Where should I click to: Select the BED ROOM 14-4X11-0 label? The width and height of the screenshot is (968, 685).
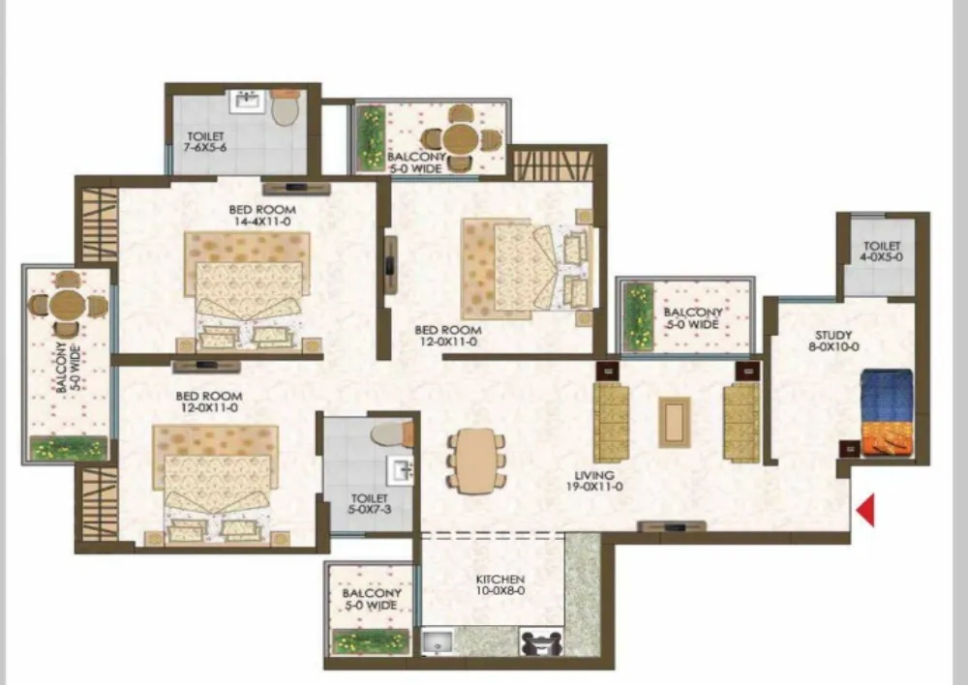click(x=261, y=216)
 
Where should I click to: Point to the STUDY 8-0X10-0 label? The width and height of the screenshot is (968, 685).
click(x=833, y=341)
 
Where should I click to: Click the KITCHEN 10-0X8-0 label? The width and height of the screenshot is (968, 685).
click(x=500, y=585)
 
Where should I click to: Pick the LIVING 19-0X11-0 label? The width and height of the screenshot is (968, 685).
click(x=594, y=481)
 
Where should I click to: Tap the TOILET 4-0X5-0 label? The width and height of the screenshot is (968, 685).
click(x=882, y=252)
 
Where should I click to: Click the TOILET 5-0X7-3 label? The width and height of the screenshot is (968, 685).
click(x=369, y=503)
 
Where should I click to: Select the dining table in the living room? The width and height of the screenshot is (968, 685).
click(x=476, y=460)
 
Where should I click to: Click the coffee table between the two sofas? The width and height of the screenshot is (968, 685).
click(x=674, y=422)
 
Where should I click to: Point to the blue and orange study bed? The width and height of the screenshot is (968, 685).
click(x=887, y=413)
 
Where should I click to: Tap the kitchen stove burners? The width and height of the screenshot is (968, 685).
click(x=541, y=642)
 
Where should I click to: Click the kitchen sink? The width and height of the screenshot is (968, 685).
click(x=438, y=642)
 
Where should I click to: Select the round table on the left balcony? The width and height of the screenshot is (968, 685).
click(x=65, y=304)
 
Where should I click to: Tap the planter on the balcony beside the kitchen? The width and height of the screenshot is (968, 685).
click(x=371, y=641)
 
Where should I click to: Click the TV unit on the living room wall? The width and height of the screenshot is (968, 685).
click(x=672, y=526)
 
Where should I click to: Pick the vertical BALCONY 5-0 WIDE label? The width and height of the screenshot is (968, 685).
click(x=68, y=368)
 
